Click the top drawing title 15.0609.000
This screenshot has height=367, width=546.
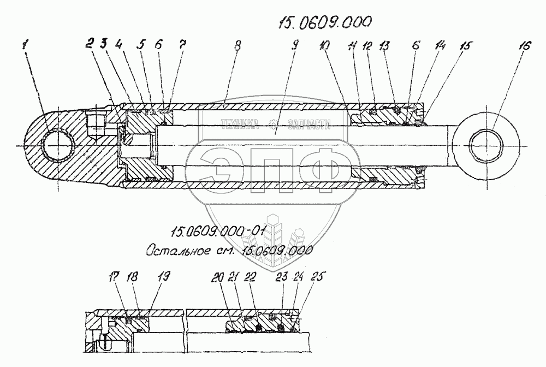(x=324, y=21)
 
